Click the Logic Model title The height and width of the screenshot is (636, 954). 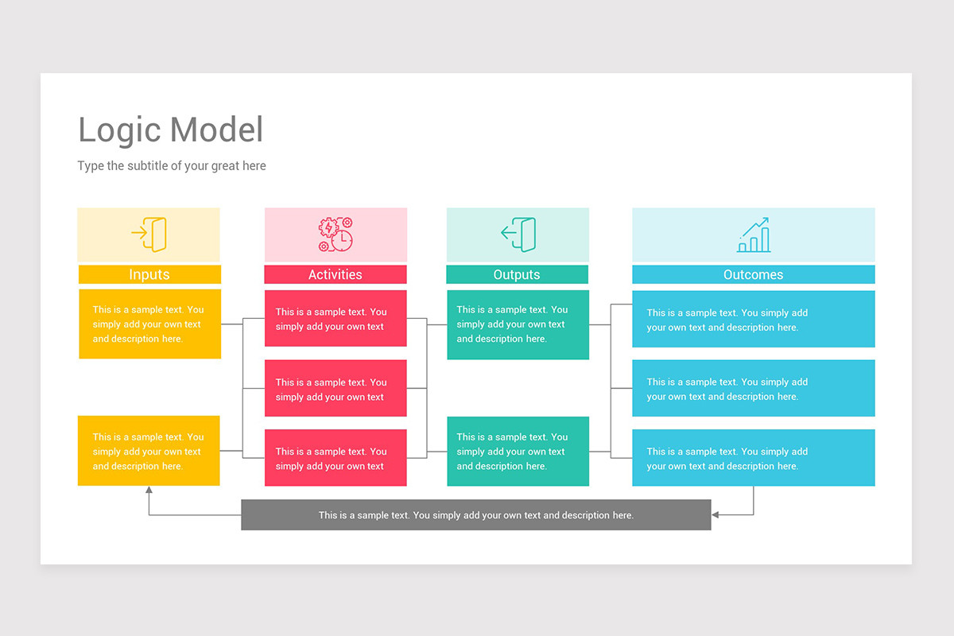point(170,130)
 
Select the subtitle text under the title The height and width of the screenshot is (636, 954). point(172,166)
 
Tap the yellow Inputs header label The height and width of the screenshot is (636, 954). point(149,274)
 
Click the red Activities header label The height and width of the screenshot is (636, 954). point(335,274)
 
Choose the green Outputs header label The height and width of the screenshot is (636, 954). point(517,274)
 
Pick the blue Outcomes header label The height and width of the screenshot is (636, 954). point(753,274)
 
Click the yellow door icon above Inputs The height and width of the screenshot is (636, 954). point(149,235)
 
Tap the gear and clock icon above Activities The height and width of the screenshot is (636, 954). point(335,235)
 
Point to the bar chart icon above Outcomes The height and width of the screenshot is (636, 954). point(753,235)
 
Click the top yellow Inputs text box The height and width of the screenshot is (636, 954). point(149,324)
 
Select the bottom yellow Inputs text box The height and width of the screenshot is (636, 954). point(149,451)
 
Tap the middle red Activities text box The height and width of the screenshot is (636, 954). point(335,389)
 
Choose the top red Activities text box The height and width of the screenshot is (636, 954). point(335,319)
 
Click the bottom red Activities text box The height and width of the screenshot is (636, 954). point(335,458)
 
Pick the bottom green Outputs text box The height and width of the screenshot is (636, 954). point(518,451)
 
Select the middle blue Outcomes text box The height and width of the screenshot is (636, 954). point(753,389)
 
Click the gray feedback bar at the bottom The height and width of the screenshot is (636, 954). point(475,515)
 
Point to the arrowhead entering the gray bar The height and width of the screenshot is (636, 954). point(715,515)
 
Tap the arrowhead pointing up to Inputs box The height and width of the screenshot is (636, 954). point(149,491)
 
